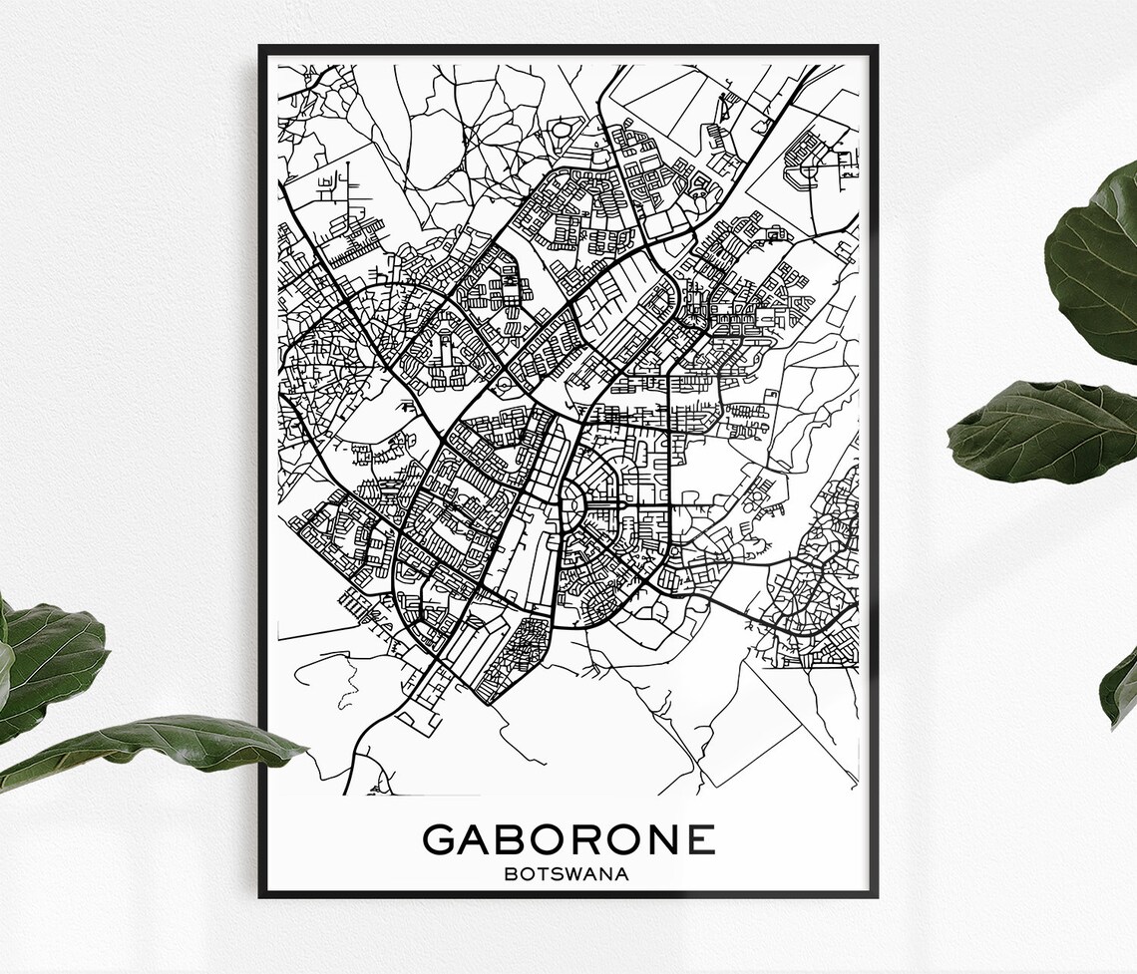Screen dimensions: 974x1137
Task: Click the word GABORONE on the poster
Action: tap(568, 838)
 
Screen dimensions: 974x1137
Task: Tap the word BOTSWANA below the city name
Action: tap(568, 875)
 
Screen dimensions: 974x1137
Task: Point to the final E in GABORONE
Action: tap(700, 838)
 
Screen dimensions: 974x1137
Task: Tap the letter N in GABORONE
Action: tap(665, 838)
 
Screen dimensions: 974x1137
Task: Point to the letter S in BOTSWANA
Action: tap(558, 875)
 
